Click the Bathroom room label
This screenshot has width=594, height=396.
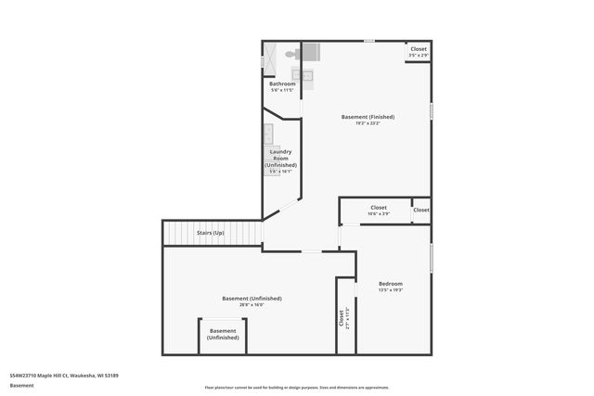click(x=281, y=84)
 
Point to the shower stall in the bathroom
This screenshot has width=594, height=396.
click(x=271, y=59)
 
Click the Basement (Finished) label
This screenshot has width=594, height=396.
click(x=368, y=117)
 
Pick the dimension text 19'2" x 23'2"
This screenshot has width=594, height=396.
click(x=368, y=123)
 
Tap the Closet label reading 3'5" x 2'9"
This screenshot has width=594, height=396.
click(x=419, y=52)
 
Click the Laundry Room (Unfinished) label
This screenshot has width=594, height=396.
click(x=280, y=158)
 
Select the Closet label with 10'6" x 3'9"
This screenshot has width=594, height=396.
click(x=379, y=211)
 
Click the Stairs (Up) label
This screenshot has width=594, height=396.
click(x=211, y=233)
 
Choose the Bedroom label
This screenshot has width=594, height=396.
click(x=391, y=283)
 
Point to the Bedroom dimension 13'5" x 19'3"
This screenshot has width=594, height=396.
click(x=391, y=290)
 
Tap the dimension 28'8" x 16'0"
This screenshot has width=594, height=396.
click(x=252, y=305)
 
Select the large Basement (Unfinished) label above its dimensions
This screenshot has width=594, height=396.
click(x=252, y=298)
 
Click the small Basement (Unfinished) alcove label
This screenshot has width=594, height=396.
click(x=223, y=334)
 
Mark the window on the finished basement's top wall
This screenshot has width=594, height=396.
click(x=368, y=41)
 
